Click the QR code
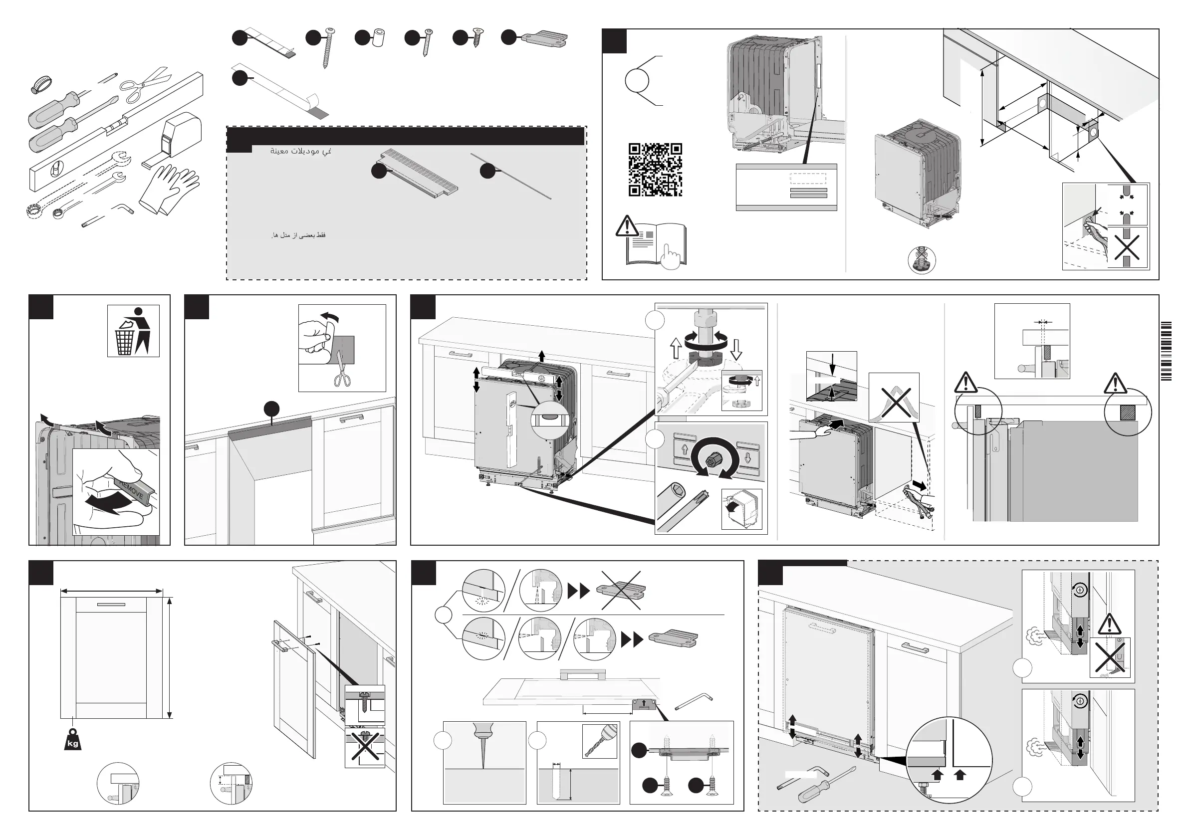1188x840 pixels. click(x=655, y=170)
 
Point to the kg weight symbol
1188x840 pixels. click(x=73, y=740)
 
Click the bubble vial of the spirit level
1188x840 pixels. click(x=55, y=169)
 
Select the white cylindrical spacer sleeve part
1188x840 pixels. click(x=377, y=39)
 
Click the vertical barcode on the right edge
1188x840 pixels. click(x=1166, y=351)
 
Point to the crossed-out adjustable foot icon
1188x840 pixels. click(x=922, y=260)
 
